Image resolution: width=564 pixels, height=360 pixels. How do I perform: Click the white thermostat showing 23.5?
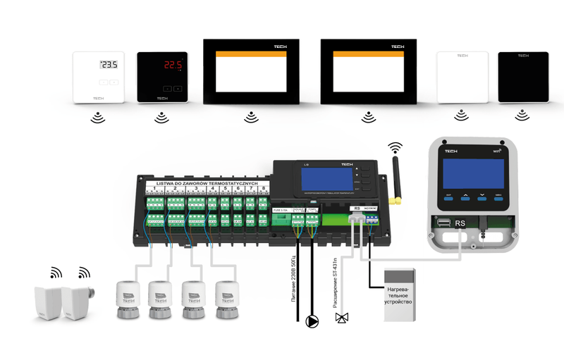[99, 77]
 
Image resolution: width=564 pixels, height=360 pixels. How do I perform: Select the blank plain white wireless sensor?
[462, 77]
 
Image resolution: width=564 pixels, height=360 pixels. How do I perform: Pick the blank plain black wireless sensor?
[523, 77]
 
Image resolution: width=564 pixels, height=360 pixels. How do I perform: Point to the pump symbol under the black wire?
[311, 322]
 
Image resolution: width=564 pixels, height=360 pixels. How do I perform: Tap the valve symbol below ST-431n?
[343, 318]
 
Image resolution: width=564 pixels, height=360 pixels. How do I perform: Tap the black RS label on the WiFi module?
[460, 223]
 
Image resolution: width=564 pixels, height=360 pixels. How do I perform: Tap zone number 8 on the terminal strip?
[263, 190]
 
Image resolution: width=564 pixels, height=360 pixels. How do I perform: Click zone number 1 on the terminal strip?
[154, 190]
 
